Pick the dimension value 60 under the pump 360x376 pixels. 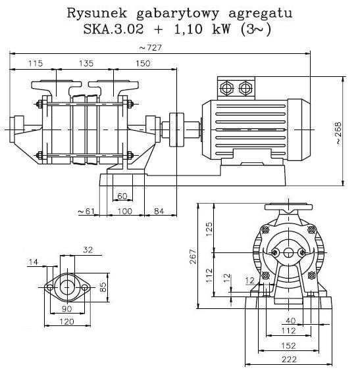coord(122,196)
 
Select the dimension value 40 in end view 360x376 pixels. coord(290,321)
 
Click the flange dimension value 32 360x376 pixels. coord(88,249)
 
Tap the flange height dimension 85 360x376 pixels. coord(103,287)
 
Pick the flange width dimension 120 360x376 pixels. coord(66,321)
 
